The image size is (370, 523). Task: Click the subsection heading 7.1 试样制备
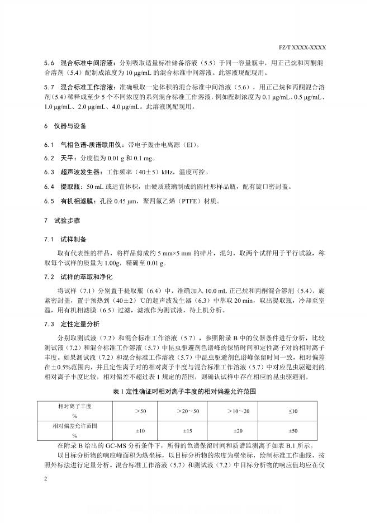(65, 239)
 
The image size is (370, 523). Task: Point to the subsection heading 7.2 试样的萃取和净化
(78, 277)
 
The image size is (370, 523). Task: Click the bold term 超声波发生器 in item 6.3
(80, 172)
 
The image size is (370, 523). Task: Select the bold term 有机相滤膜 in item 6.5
(77, 200)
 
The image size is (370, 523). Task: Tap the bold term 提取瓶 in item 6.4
(69, 186)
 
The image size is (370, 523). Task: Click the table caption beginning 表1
(184, 392)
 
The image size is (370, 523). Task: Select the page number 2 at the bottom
(46, 479)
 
